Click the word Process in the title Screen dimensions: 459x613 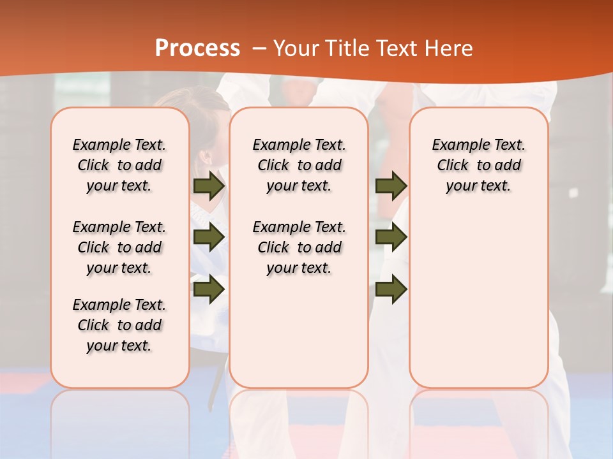197,48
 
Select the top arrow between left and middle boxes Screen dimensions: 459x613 209,186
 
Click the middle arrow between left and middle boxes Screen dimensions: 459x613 209,238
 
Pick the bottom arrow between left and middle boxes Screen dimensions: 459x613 209,289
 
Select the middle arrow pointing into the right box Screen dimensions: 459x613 391,238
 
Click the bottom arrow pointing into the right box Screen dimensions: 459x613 391,289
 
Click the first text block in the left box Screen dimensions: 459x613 119,165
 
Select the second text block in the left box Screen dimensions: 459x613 119,247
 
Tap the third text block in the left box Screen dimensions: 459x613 119,325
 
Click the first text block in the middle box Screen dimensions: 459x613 299,165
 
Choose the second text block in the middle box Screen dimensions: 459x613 299,247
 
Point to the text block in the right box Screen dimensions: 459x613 479,165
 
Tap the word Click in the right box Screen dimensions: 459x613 453,166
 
